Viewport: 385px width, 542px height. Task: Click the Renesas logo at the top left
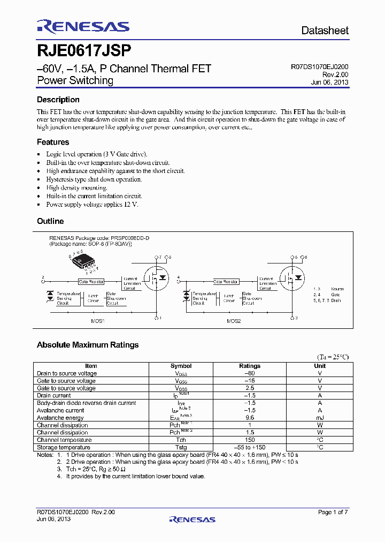pyautogui.click(x=83, y=27)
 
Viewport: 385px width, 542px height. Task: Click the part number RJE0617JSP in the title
pyautogui.click(x=84, y=50)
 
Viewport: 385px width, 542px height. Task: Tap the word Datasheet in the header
pyautogui.click(x=325, y=31)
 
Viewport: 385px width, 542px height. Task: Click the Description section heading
pyautogui.click(x=58, y=100)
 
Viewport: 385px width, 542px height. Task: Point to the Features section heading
pyautogui.click(x=53, y=142)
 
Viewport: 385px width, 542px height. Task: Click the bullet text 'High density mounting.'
pyautogui.click(x=76, y=188)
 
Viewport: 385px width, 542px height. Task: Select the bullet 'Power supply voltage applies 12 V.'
pyautogui.click(x=92, y=205)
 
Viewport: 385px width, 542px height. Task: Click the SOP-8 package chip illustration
pyautogui.click(x=83, y=262)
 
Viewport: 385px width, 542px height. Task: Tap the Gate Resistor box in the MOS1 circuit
pyautogui.click(x=91, y=281)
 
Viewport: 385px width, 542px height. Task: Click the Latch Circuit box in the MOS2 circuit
pyautogui.click(x=229, y=298)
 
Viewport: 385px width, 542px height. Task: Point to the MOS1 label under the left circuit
pyautogui.click(x=98, y=321)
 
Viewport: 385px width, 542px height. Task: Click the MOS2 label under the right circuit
pyautogui.click(x=233, y=321)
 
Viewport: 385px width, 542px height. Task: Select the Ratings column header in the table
pyautogui.click(x=249, y=366)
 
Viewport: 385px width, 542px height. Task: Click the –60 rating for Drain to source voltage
pyautogui.click(x=249, y=373)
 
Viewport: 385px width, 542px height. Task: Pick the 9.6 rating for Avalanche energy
pyautogui.click(x=249, y=418)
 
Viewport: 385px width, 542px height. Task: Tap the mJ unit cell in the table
pyautogui.click(x=319, y=418)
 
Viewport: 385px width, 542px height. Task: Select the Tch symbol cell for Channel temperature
pyautogui.click(x=181, y=440)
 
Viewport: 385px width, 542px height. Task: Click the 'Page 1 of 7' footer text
pyautogui.click(x=333, y=513)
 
